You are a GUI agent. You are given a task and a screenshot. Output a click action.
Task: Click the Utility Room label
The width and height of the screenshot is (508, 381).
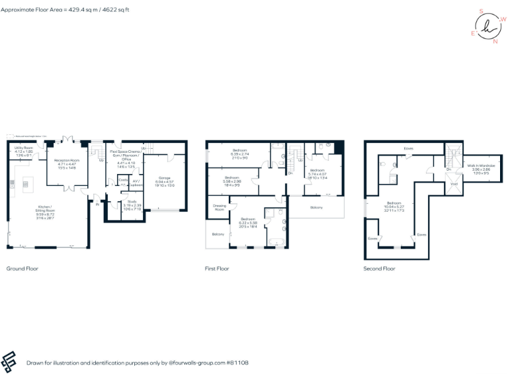point(22,149)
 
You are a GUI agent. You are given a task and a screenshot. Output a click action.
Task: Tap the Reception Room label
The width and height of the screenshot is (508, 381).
point(66,160)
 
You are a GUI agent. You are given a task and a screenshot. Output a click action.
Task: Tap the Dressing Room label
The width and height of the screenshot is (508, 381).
point(220,208)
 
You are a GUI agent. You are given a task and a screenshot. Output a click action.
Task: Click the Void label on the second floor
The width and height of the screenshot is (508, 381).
point(454,184)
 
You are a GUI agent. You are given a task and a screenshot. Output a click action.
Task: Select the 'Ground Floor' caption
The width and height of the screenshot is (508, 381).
point(22,269)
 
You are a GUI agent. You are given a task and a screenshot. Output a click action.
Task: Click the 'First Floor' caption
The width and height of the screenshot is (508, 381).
point(218,269)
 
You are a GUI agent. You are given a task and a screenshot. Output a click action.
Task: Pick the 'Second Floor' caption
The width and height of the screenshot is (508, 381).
point(379,269)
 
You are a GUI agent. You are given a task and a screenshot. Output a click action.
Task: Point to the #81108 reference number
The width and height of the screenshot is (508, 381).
point(240,362)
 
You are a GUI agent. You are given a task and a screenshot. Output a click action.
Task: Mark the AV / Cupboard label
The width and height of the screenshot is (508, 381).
point(136,182)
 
